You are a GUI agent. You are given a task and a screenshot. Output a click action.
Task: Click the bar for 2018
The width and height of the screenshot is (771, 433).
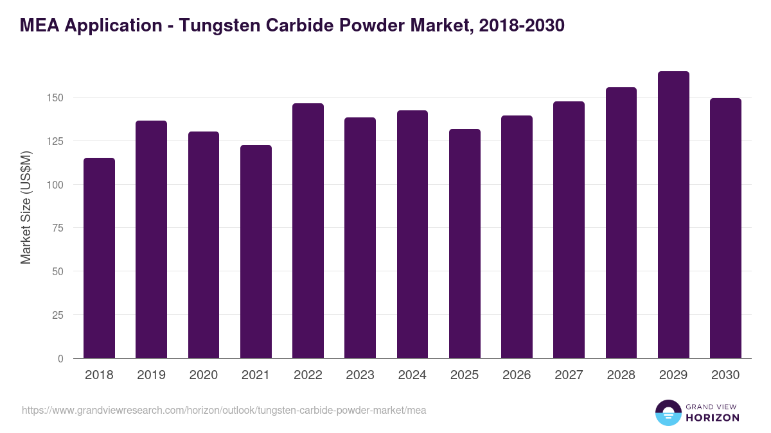pos(99,258)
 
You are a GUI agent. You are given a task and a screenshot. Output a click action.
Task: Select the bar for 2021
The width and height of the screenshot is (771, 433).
pos(256,251)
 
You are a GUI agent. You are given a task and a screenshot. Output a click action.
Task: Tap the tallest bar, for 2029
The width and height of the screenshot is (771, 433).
pos(673,215)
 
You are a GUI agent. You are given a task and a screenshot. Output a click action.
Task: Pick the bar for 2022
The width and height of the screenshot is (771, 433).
pos(308,231)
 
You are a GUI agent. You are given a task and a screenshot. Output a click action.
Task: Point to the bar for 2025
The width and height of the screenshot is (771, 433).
pos(465,244)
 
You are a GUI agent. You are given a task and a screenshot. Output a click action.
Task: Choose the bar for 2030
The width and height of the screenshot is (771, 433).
pos(725,228)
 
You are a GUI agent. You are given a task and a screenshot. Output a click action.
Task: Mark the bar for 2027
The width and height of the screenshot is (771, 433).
pos(569,230)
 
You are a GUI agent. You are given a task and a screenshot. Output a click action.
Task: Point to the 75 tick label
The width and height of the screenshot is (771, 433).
pos(57,228)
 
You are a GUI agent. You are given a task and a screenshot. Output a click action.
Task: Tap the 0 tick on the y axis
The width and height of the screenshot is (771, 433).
pos(60,359)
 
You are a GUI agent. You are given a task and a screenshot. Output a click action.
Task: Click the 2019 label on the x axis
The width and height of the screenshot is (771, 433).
pos(151,375)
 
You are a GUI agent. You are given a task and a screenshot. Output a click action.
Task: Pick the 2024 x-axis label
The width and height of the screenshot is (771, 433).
pos(412,375)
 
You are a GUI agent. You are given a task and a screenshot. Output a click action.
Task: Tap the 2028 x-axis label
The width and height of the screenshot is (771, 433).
pos(621,375)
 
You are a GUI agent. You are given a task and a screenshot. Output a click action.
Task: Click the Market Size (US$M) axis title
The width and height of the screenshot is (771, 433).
pos(26,207)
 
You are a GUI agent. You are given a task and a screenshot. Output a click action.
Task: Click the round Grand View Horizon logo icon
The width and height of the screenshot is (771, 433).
pos(668,412)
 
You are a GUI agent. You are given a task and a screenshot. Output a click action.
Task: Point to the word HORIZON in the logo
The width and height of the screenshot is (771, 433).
pos(711,418)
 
